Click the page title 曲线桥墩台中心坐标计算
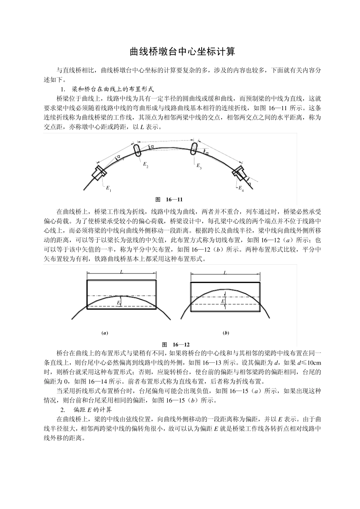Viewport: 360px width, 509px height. (x=182, y=52)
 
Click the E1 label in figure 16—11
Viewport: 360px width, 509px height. (x=108, y=188)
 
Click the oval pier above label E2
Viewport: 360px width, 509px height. (x=137, y=149)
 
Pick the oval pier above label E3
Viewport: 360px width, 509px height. (x=194, y=148)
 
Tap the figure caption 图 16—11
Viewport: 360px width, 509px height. (x=170, y=199)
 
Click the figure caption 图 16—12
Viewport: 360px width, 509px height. (x=176, y=344)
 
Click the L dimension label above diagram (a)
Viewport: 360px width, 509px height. (x=122, y=272)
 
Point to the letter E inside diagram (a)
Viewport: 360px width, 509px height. (x=118, y=303)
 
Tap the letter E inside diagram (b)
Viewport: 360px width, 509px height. (x=222, y=301)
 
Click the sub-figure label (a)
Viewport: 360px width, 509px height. (x=105, y=333)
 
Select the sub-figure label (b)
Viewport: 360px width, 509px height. (x=226, y=333)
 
